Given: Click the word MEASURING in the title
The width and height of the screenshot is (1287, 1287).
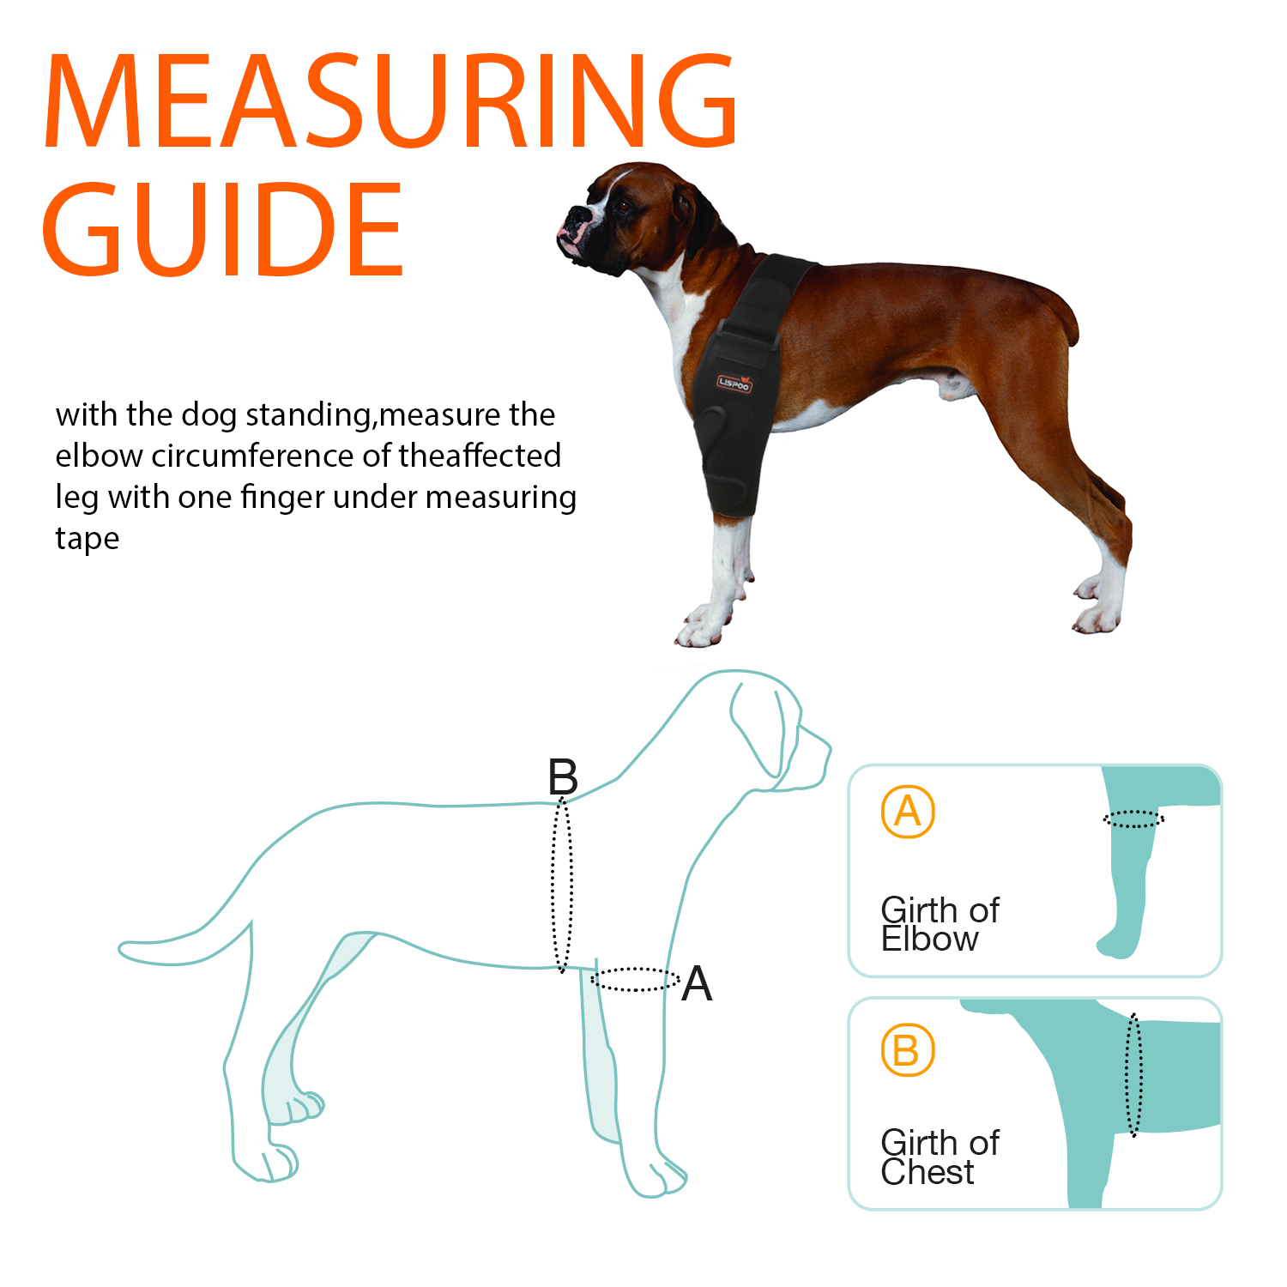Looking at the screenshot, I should tap(390, 101).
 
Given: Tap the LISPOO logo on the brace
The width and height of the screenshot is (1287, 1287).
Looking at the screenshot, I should tap(734, 384).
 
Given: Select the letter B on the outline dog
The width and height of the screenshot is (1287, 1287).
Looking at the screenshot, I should tap(563, 777).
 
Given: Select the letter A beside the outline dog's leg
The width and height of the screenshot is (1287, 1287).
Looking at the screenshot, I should tap(697, 983).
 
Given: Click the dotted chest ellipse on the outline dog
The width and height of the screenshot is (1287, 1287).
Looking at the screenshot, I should tap(562, 884).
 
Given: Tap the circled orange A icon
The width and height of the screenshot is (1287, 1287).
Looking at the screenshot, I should tap(907, 812).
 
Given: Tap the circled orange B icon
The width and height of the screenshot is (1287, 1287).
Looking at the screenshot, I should tap(907, 1050).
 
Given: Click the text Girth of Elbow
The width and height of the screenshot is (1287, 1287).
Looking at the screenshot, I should tap(940, 924).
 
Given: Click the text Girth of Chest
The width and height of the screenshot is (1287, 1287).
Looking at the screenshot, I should tap(940, 1157).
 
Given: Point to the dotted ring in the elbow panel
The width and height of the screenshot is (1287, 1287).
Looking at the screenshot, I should tap(1133, 819).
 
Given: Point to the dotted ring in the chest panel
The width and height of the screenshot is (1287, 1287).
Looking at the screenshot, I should tap(1133, 1074).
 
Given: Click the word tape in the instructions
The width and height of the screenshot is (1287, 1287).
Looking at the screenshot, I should tap(88, 539).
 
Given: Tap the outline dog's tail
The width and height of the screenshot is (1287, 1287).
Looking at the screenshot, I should tap(172, 948).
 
